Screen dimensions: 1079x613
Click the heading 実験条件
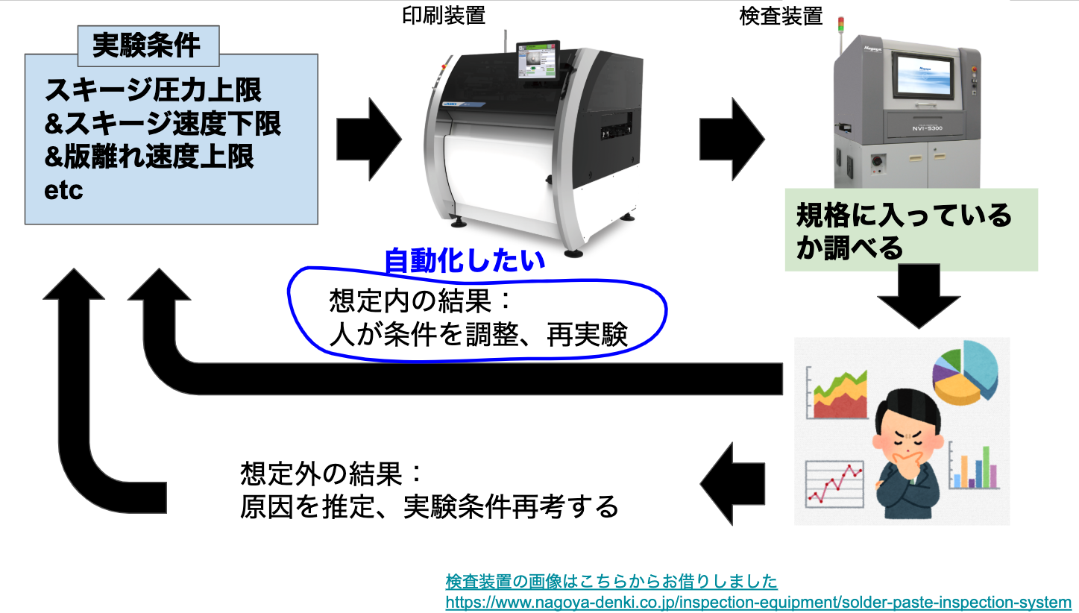(x=146, y=45)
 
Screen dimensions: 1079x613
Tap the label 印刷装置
(x=444, y=16)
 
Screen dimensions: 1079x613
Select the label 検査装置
(x=781, y=16)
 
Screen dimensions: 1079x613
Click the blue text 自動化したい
(x=465, y=261)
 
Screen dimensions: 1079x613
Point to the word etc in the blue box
(x=63, y=190)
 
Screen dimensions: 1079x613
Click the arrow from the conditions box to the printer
(x=369, y=139)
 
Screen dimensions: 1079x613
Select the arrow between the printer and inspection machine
(x=732, y=139)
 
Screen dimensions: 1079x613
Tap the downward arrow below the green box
(x=919, y=296)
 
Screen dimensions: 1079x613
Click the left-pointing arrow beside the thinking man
(x=732, y=483)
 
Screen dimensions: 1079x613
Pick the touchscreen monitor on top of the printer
(x=538, y=60)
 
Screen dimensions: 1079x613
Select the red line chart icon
(x=834, y=484)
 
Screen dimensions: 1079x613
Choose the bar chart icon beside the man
(x=974, y=466)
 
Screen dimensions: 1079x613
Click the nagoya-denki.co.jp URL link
(x=758, y=602)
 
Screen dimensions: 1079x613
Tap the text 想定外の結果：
(x=332, y=474)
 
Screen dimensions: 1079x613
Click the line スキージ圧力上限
(x=153, y=90)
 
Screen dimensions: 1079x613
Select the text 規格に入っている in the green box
(x=905, y=215)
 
